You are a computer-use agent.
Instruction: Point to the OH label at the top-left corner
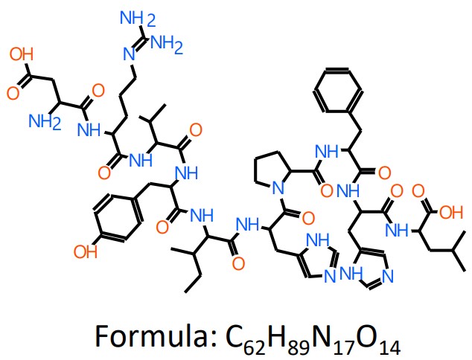click(x=22, y=54)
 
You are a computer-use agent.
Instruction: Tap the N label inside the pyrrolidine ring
click(x=278, y=190)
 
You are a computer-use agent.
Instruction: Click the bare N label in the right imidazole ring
click(x=385, y=279)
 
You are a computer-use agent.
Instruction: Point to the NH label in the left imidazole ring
click(x=319, y=239)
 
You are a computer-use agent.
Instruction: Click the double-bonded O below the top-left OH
click(x=13, y=94)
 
